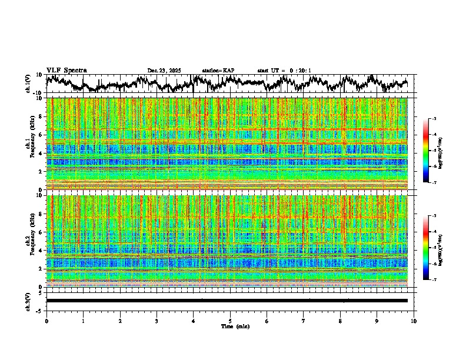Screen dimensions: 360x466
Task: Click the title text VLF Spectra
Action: point(66,71)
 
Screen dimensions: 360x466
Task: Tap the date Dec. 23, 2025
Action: point(164,71)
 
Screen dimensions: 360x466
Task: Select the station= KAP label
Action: point(218,71)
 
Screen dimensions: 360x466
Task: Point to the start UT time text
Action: point(284,71)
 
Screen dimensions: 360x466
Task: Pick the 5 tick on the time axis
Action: point(231,321)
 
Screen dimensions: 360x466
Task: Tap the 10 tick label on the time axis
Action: point(414,321)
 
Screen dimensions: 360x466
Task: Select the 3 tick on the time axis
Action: point(157,321)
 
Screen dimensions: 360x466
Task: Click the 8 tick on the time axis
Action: point(341,321)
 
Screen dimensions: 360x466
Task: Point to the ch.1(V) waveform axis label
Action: point(28,84)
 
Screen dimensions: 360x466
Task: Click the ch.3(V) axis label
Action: point(28,301)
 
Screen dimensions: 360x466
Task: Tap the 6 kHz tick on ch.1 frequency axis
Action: point(40,135)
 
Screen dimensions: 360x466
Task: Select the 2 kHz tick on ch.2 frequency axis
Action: point(40,269)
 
